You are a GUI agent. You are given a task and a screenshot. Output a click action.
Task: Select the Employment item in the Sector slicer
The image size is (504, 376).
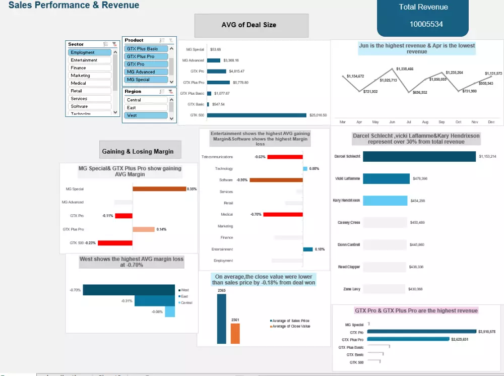[90, 52]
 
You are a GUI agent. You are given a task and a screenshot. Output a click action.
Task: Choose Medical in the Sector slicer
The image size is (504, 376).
[90, 83]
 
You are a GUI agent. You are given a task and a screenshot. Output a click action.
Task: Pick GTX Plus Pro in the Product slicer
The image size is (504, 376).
[146, 56]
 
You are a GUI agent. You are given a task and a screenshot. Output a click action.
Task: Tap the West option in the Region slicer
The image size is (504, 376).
[146, 115]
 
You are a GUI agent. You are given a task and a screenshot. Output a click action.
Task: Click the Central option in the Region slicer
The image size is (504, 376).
[146, 100]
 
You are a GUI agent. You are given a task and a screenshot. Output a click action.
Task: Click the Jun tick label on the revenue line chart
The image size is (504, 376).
[392, 122]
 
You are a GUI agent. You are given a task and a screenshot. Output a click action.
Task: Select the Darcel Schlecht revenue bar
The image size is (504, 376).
[419, 157]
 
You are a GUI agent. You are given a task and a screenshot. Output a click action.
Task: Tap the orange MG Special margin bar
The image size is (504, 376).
[159, 189]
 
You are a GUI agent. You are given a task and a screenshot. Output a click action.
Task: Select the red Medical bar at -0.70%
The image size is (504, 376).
[283, 214]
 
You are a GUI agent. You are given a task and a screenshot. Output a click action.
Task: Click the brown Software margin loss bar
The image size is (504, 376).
[276, 180]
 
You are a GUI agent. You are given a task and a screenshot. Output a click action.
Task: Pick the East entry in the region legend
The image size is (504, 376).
[184, 296]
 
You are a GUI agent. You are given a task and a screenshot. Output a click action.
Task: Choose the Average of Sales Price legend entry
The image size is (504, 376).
[290, 321]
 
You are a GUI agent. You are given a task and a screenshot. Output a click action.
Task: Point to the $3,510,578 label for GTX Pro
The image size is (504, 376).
[486, 332]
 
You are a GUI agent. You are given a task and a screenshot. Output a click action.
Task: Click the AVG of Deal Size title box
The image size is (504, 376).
[251, 25]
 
